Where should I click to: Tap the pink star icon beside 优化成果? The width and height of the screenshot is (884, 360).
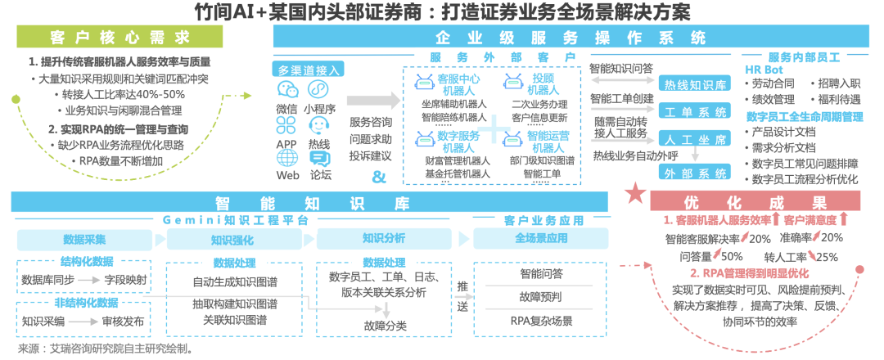(x=635, y=195)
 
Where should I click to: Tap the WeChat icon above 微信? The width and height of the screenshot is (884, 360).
(x=286, y=90)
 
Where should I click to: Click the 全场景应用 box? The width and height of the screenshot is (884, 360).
(x=541, y=239)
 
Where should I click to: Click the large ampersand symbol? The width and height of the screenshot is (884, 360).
(x=378, y=178)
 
